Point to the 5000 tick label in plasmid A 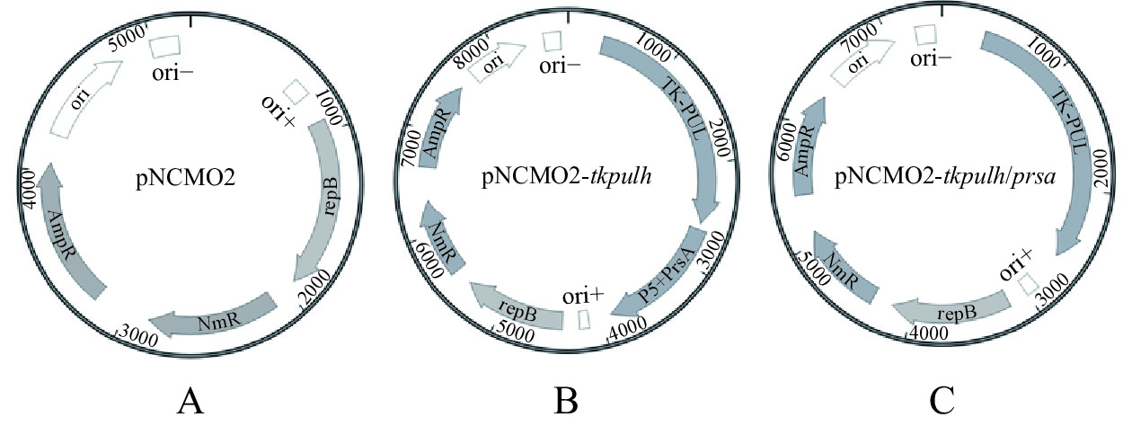[123, 38]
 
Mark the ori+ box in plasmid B [584, 320]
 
